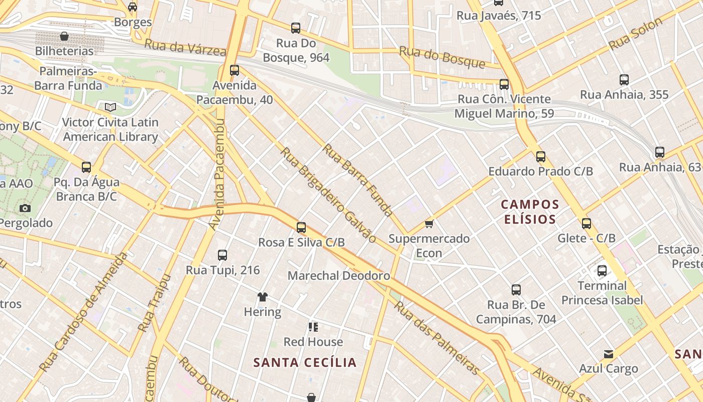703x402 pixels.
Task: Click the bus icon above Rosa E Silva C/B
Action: (x=301, y=228)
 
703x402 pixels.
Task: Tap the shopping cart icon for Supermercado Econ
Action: (x=429, y=224)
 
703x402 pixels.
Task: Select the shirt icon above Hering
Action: (x=262, y=297)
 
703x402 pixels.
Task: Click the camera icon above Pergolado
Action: (x=25, y=208)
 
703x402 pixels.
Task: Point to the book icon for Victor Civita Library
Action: (x=110, y=107)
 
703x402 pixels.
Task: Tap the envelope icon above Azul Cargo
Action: (x=609, y=354)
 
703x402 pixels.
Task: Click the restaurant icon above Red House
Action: (x=313, y=328)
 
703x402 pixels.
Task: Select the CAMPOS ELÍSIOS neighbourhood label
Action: (x=530, y=212)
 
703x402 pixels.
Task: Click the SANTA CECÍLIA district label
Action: (x=305, y=362)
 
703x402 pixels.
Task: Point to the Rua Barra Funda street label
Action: (x=357, y=180)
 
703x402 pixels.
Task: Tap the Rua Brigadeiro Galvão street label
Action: (x=327, y=195)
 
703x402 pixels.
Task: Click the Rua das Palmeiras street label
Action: (x=436, y=338)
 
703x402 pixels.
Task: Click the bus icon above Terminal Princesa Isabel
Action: (x=602, y=271)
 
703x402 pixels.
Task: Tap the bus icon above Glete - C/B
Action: (x=587, y=224)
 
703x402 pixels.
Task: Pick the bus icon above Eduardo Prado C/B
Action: (x=541, y=157)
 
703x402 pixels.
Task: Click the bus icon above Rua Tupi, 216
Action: (x=222, y=255)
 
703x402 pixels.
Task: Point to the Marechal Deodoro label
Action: (x=338, y=276)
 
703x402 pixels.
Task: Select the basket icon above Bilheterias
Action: (x=64, y=36)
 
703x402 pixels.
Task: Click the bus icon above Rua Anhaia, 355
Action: (x=624, y=80)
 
